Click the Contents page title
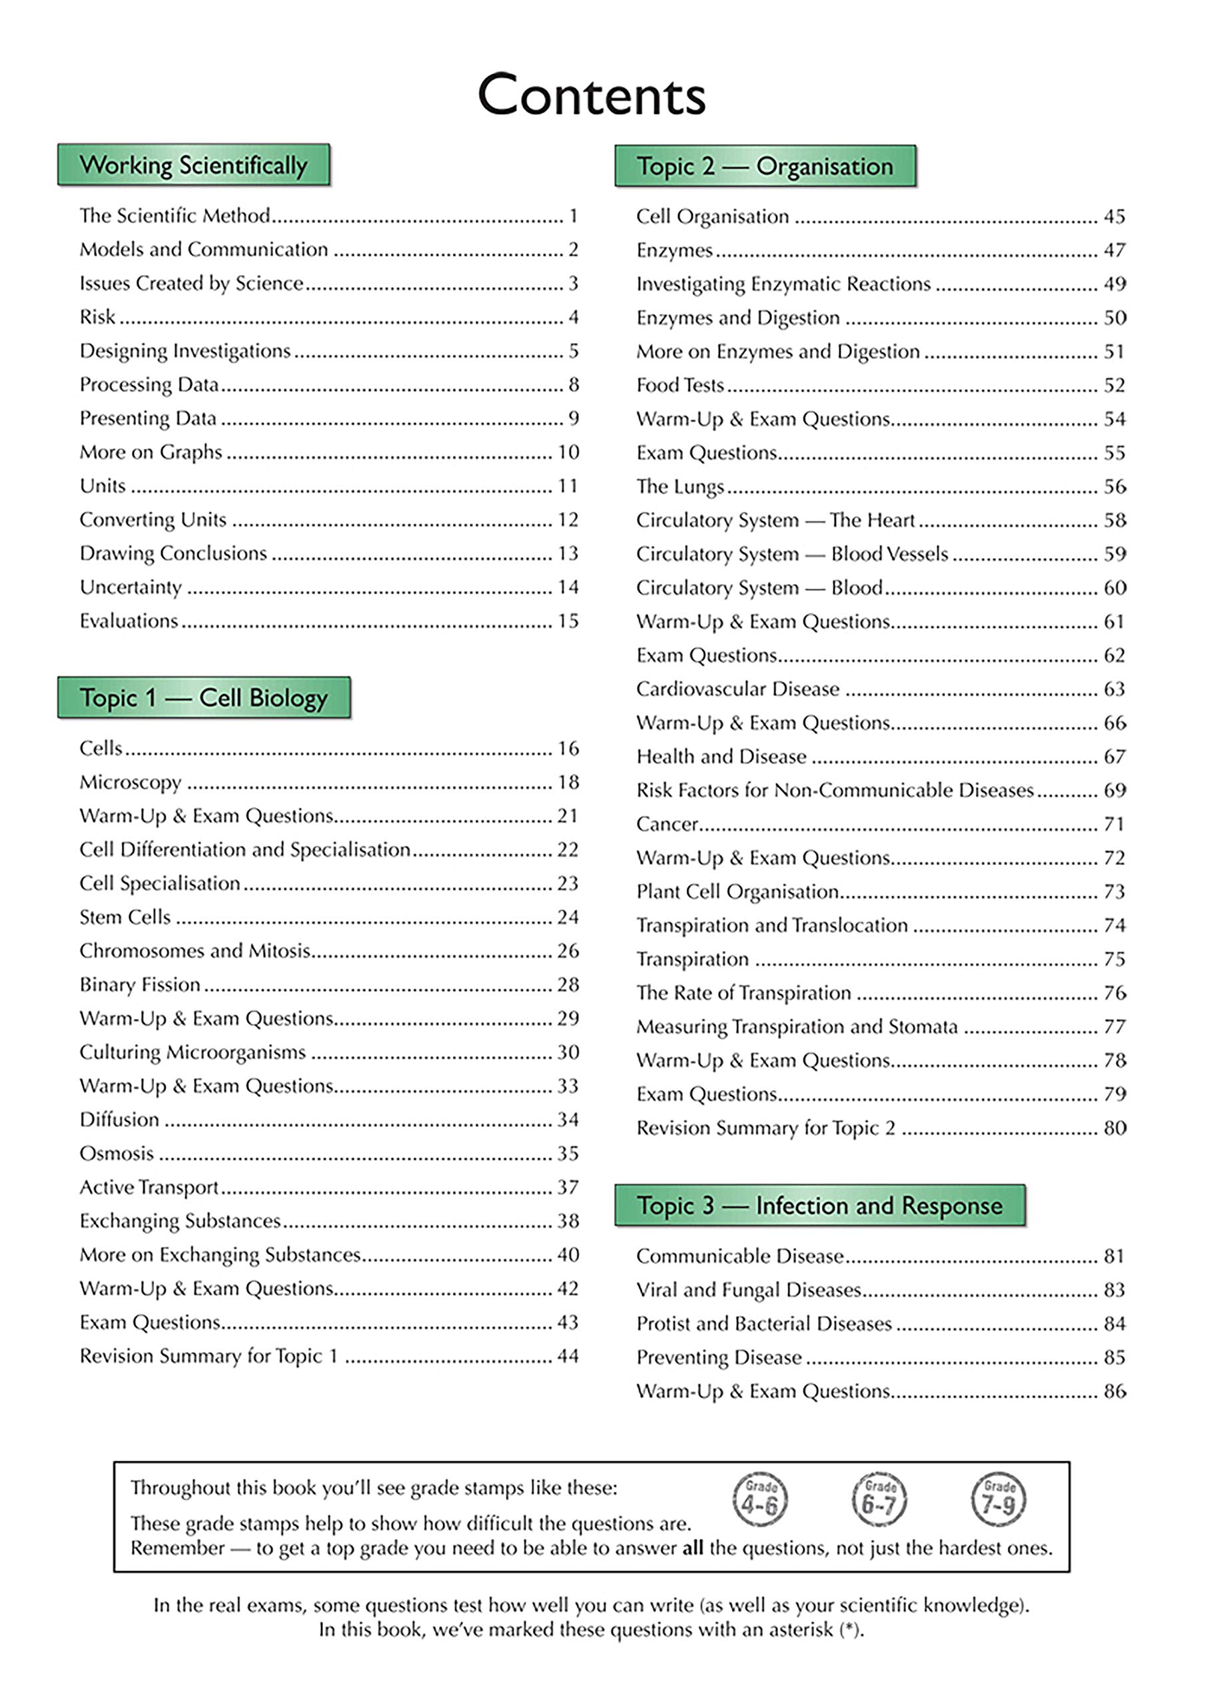click(591, 95)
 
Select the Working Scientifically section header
click(193, 165)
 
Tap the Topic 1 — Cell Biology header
click(204, 697)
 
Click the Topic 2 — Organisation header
click(765, 167)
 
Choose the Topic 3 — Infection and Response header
click(819, 1205)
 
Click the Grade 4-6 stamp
click(760, 1499)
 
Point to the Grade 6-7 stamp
click(879, 1499)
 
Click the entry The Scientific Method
click(175, 215)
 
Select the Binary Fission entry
click(140, 984)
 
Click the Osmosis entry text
click(117, 1153)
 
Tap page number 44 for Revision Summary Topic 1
click(568, 1356)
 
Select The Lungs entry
click(679, 487)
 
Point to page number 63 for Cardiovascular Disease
click(1114, 689)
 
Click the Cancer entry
click(667, 824)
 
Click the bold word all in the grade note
click(692, 1548)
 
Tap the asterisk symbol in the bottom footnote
click(850, 1629)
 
